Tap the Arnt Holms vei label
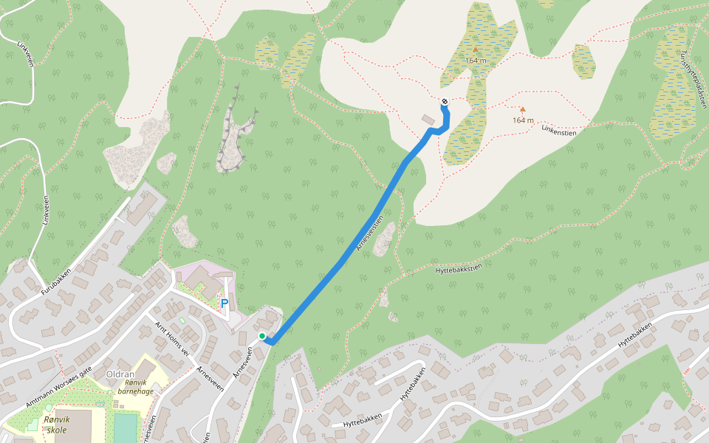pos(172,339)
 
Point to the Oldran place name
pos(119,374)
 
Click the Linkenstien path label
pos(558,131)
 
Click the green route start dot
pos(262,337)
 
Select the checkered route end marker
pos(445,102)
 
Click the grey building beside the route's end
pos(428,119)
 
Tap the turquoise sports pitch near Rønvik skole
pos(126,427)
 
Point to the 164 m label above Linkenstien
pos(523,120)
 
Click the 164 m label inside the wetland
pos(476,60)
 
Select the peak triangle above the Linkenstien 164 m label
pos(523,109)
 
